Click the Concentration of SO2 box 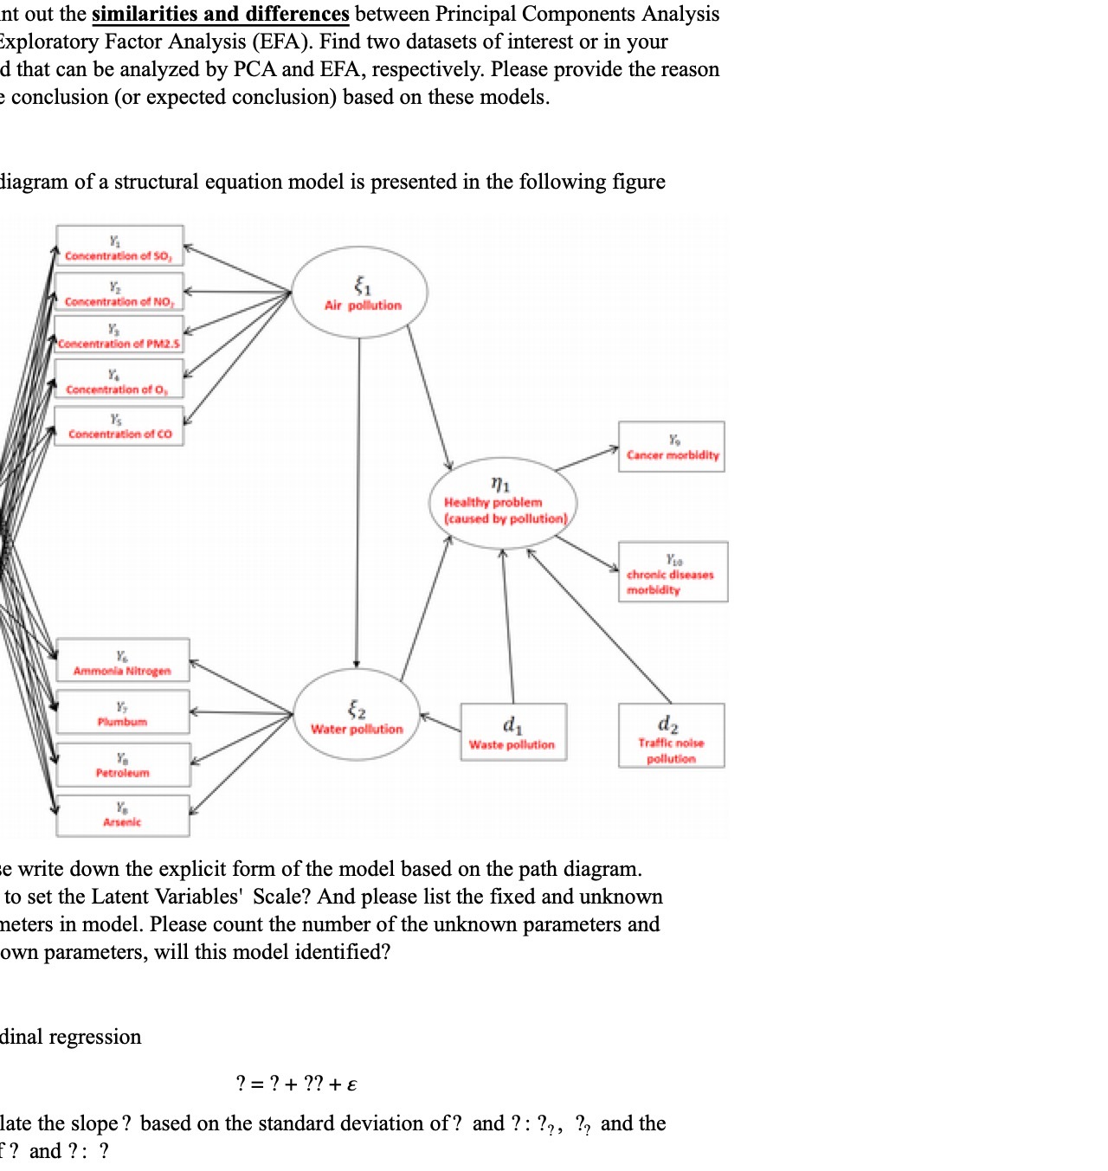point(119,246)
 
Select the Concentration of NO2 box point(119,292)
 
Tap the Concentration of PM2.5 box point(119,335)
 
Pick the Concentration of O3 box point(119,380)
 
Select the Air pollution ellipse point(360,293)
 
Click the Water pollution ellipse point(357,716)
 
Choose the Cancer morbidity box point(672,447)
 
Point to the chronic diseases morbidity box point(673,572)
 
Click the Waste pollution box point(513,732)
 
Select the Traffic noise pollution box point(671,736)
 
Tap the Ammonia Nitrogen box point(123,661)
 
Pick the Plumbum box point(123,712)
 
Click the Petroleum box point(123,764)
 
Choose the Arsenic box point(123,815)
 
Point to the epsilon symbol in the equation point(351,1085)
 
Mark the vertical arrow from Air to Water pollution point(358,502)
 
